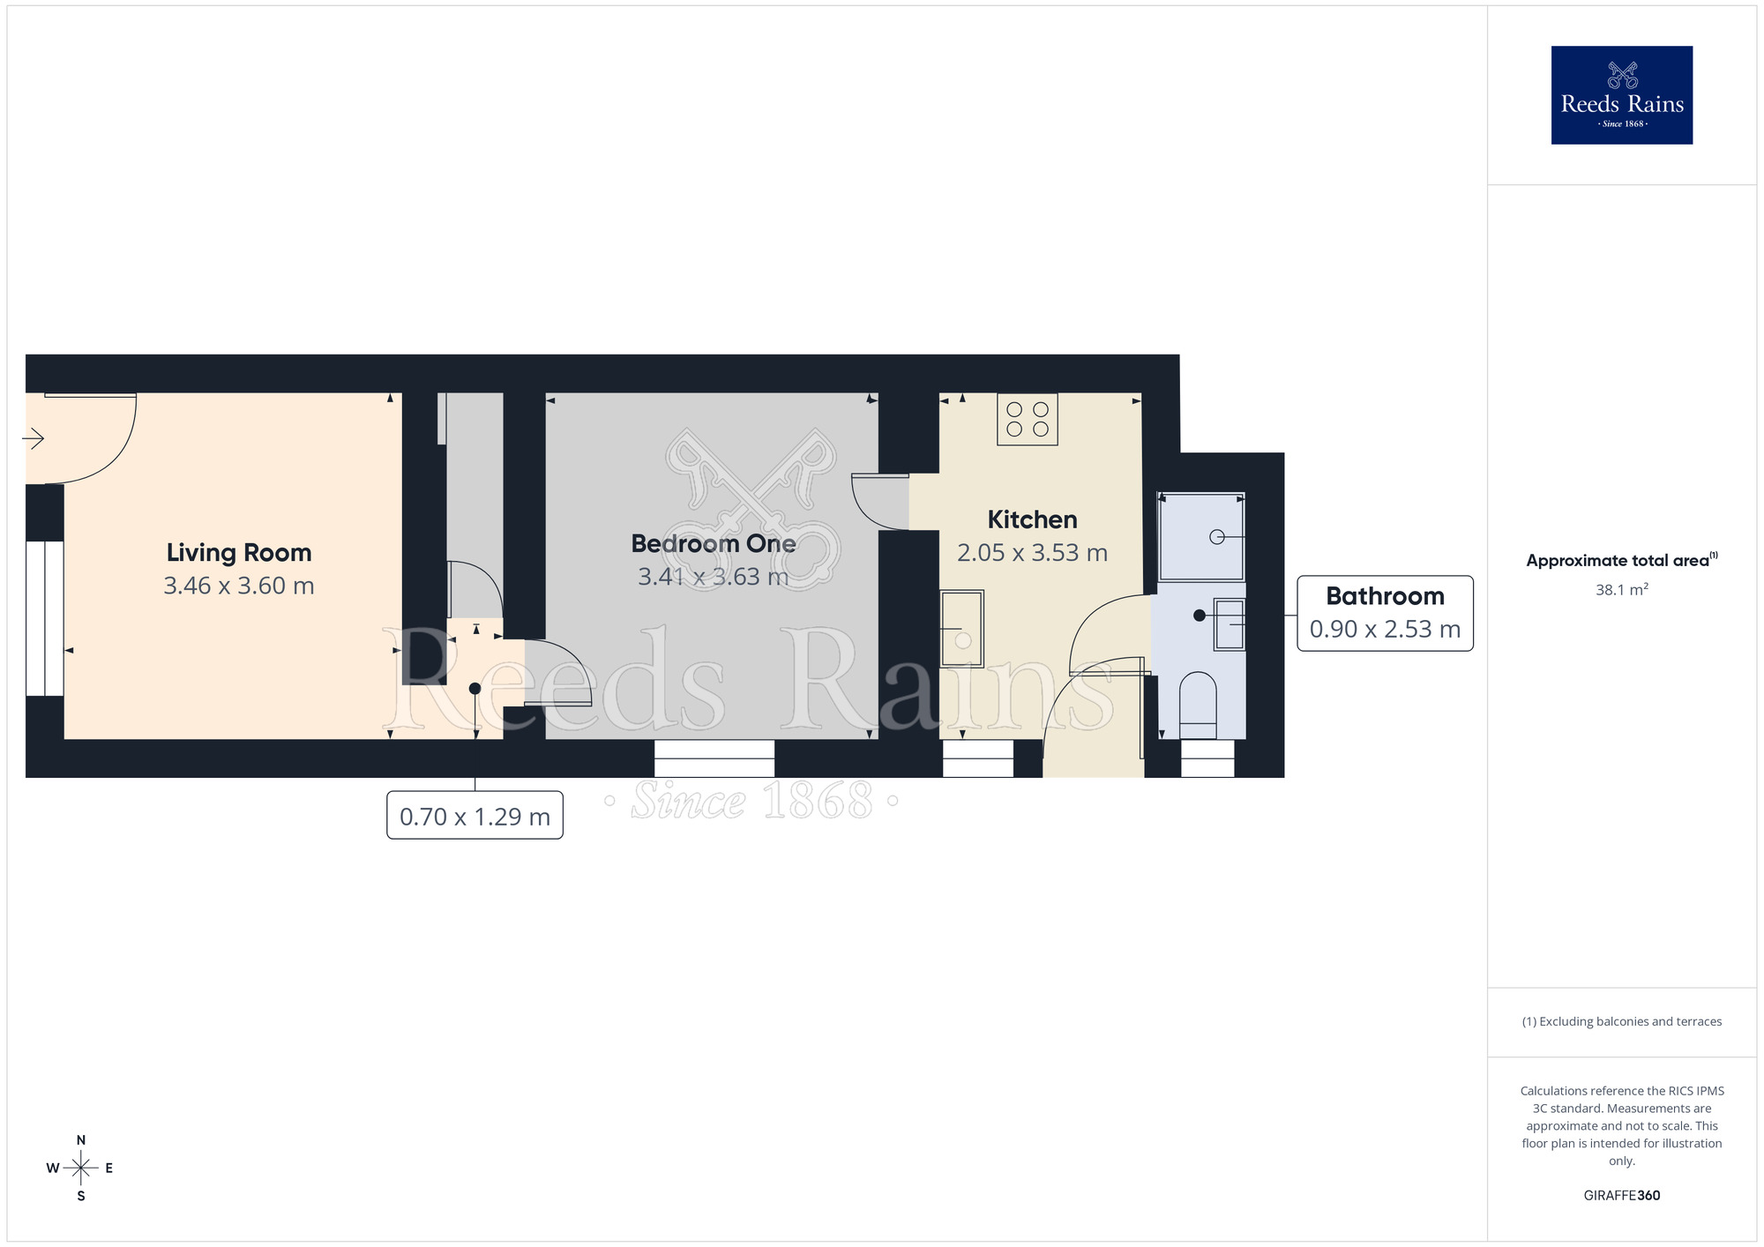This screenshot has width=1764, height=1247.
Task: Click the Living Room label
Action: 239,553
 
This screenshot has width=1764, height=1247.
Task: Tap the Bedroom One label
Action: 713,543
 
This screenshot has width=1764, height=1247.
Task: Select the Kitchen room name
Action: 1032,519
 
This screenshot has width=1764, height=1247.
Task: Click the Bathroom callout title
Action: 1385,596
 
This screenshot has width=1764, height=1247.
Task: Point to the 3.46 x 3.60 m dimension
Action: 239,586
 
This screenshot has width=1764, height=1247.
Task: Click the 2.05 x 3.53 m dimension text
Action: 1032,553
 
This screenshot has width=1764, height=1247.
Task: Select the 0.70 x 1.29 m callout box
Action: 475,817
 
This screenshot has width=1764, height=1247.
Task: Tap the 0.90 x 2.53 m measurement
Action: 1385,629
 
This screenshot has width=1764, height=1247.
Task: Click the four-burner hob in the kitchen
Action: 1028,420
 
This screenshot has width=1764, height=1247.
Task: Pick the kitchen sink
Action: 961,629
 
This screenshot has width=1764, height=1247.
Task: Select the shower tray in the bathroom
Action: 1201,536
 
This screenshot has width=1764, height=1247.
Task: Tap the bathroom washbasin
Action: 1230,624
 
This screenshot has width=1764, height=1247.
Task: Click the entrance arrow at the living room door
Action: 34,438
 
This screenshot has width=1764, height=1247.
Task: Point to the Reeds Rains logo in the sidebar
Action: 1621,95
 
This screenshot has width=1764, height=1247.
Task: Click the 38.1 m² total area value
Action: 1621,590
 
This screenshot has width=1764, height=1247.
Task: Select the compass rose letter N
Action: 81,1140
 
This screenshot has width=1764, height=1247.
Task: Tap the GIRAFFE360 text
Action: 1621,1196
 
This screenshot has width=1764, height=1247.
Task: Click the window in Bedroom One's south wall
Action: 714,758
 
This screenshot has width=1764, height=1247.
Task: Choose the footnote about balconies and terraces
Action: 1621,1021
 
